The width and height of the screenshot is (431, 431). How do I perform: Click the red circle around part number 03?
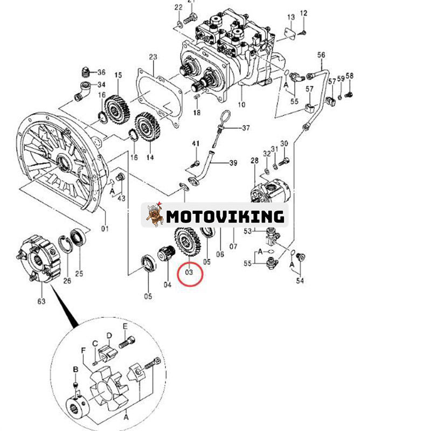tap(189, 272)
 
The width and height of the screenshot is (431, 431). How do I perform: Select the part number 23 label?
tap(152, 57)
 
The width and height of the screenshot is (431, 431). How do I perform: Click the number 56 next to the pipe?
tap(322, 55)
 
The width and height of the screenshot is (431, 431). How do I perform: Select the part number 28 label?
tap(255, 161)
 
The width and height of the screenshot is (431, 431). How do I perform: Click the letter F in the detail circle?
tap(84, 350)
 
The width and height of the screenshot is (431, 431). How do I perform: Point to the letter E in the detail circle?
tap(124, 327)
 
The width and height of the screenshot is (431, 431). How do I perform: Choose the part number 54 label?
tap(299, 281)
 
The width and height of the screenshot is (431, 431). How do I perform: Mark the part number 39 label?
tap(233, 163)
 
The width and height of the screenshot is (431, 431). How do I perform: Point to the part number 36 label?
tap(101, 72)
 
